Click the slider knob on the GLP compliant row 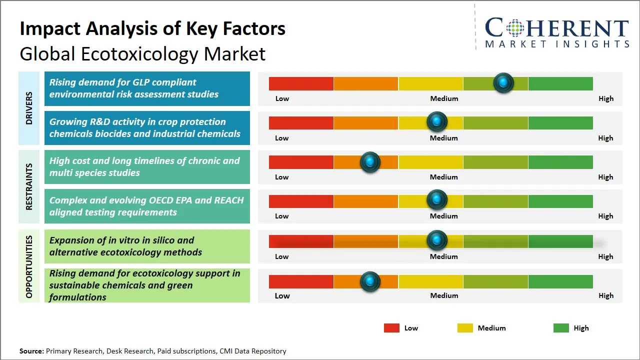pyautogui.click(x=503, y=82)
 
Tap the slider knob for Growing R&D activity pyautogui.click(x=437, y=122)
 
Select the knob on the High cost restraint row pyautogui.click(x=370, y=161)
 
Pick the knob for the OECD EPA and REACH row pyautogui.click(x=437, y=200)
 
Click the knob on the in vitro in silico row pyautogui.click(x=437, y=240)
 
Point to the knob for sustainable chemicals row pyautogui.click(x=370, y=281)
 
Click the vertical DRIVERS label pyautogui.click(x=29, y=108)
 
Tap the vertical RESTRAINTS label pyautogui.click(x=29, y=186)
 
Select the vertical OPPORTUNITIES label pyautogui.click(x=29, y=266)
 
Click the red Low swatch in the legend pyautogui.click(x=391, y=328)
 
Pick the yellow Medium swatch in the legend pyautogui.click(x=465, y=328)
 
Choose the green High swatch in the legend pyautogui.click(x=561, y=328)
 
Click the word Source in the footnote pyautogui.click(x=31, y=351)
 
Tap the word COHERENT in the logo pyautogui.click(x=556, y=28)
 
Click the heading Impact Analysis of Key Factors pyautogui.click(x=152, y=28)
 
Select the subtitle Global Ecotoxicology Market pyautogui.click(x=142, y=54)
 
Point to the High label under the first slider pyautogui.click(x=605, y=98)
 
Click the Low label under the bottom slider pyautogui.click(x=282, y=295)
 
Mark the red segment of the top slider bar pyautogui.click(x=301, y=83)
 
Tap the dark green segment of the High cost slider pyautogui.click(x=560, y=162)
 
